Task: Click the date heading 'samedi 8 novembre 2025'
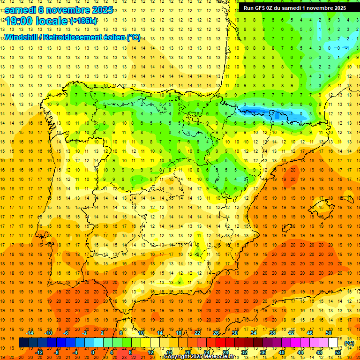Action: coord(59,9)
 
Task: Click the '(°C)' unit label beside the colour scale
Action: coord(349,343)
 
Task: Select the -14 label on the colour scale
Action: coord(31,333)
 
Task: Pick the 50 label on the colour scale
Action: coord(329,333)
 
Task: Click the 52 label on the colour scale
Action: coord(338,352)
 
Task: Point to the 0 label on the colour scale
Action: coord(93,352)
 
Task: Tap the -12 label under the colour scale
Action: coord(39,352)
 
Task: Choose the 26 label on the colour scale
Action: coord(216,333)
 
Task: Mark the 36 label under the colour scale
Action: coord(263,352)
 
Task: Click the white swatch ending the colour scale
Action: coord(333,343)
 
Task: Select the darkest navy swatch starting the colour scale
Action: coord(23,343)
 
